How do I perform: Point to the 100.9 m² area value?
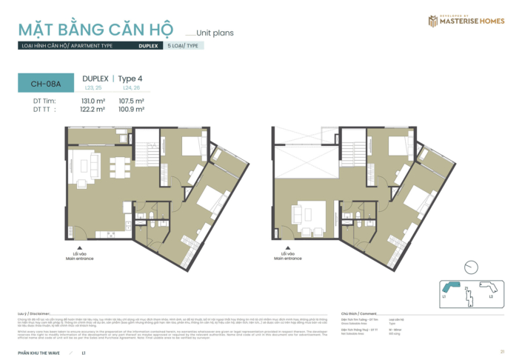click(x=131, y=109)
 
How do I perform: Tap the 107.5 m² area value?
click(x=131, y=101)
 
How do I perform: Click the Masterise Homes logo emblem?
click(x=432, y=21)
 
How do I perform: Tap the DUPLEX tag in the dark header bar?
click(x=147, y=46)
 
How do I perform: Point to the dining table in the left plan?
click(x=117, y=164)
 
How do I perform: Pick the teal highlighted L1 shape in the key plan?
click(x=451, y=285)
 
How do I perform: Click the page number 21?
click(x=502, y=351)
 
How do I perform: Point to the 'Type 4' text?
click(x=130, y=78)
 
